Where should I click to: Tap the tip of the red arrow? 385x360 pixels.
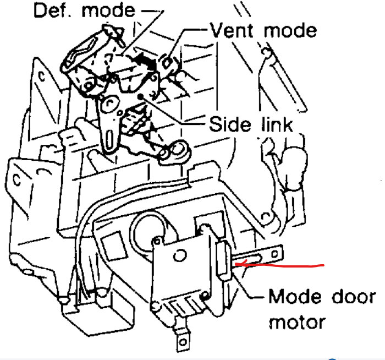pyautogui.click(x=236, y=265)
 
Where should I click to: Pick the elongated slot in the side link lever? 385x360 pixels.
pyautogui.click(x=110, y=133)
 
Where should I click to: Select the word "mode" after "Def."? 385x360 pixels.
pyautogui.click(x=113, y=10)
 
